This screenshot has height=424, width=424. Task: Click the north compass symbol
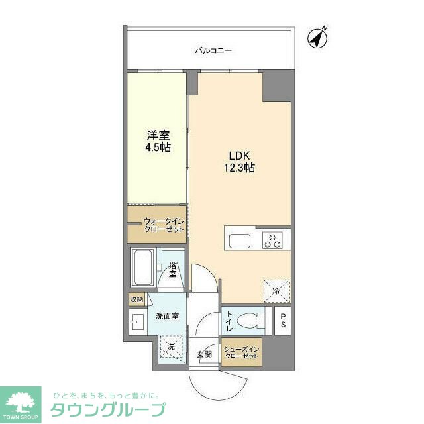point(319,37)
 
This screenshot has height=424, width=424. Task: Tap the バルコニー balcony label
point(213,50)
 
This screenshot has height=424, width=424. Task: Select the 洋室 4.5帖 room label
point(158,141)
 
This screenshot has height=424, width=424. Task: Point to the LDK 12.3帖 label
point(239,161)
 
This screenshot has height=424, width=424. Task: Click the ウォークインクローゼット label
point(163,225)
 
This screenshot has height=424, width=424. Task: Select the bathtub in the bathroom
point(142,268)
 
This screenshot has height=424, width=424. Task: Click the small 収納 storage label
point(136,299)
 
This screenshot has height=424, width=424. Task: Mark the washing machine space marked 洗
point(172,346)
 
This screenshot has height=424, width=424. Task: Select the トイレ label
point(229,321)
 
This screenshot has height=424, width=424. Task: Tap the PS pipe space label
point(283,321)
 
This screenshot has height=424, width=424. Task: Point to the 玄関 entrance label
point(204,355)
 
